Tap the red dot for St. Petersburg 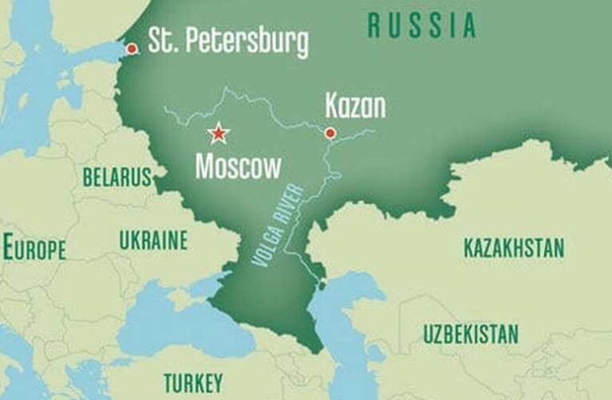pyautogui.click(x=131, y=48)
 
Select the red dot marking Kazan pyautogui.click(x=330, y=133)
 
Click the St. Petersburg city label pyautogui.click(x=229, y=42)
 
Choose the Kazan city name pyautogui.click(x=355, y=106)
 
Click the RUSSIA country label pyautogui.click(x=422, y=26)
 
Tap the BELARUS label pyautogui.click(x=117, y=177)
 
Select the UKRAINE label pyautogui.click(x=153, y=240)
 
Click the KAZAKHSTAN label pyautogui.click(x=514, y=247)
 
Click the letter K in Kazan pyautogui.click(x=332, y=106)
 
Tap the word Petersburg pyautogui.click(x=250, y=43)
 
